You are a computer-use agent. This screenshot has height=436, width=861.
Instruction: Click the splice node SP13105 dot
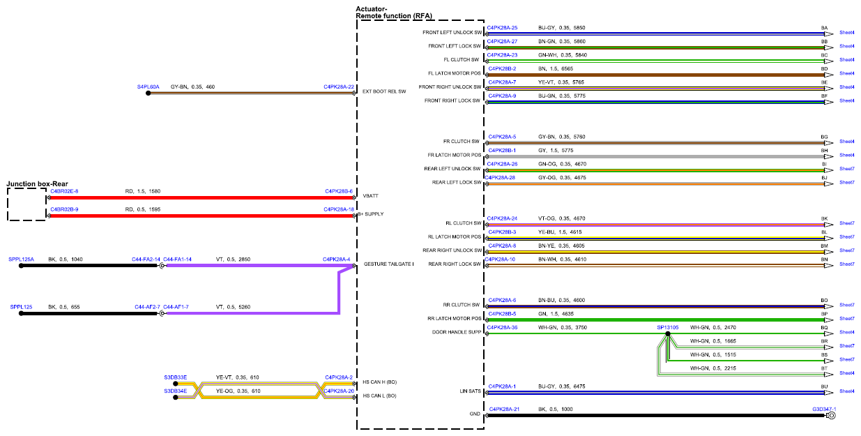pyautogui.click(x=668, y=333)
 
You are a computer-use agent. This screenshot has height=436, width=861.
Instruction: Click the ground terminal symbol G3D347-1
pyautogui.click(x=830, y=416)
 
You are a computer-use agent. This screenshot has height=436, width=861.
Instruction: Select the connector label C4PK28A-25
pyautogui.click(x=502, y=28)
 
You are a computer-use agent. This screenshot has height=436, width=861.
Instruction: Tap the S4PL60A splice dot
pyautogui.click(x=148, y=93)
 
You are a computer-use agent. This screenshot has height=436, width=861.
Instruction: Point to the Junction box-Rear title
pyautogui.click(x=37, y=183)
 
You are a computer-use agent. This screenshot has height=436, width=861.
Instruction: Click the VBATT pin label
pyautogui.click(x=370, y=196)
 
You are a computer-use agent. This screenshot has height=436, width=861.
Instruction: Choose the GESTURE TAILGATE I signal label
pyautogui.click(x=388, y=264)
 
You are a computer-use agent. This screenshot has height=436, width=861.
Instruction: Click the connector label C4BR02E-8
pyautogui.click(x=64, y=191)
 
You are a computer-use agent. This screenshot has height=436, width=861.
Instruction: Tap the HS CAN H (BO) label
pyautogui.click(x=379, y=382)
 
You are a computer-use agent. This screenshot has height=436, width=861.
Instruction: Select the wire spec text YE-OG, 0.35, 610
pyautogui.click(x=238, y=391)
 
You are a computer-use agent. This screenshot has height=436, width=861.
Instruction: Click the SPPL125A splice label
pyautogui.click(x=21, y=260)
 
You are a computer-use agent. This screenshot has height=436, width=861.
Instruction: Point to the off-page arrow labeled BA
pyautogui.click(x=829, y=34)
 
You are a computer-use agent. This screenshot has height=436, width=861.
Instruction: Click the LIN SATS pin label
pyautogui.click(x=470, y=391)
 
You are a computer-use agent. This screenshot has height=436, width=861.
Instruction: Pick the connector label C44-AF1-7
pyautogui.click(x=176, y=307)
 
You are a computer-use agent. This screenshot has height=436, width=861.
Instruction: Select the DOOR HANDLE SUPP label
pyautogui.click(x=457, y=332)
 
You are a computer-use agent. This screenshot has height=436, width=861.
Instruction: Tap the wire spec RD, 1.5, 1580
pyautogui.click(x=143, y=191)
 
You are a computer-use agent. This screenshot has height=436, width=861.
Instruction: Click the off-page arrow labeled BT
pyautogui.click(x=829, y=375)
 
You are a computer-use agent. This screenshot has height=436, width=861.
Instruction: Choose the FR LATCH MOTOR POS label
pyautogui.click(x=455, y=155)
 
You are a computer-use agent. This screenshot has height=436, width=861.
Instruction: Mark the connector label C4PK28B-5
pyautogui.click(x=502, y=314)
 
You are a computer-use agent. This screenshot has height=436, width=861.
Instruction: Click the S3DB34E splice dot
pyautogui.click(x=176, y=397)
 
